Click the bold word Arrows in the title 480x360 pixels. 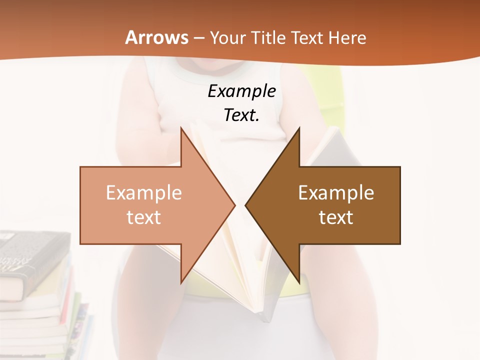tap(156, 37)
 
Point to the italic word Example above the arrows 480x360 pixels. tap(241, 91)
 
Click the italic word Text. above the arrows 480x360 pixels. tap(241, 115)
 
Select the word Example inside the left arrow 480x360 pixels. tap(144, 193)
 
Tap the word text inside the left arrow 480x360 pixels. tap(144, 217)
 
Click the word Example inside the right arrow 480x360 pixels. tap(336, 193)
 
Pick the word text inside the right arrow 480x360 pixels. tap(336, 217)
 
